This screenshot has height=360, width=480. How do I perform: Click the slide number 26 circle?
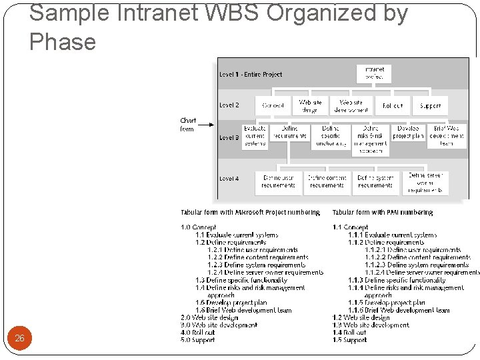(x=19, y=338)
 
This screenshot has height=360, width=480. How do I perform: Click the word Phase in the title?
(x=63, y=42)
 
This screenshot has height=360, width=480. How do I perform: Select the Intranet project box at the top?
(x=375, y=73)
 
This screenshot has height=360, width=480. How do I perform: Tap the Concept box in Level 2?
(x=273, y=105)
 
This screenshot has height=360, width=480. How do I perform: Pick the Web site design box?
(x=310, y=105)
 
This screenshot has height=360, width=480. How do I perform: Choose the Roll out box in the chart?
(x=393, y=105)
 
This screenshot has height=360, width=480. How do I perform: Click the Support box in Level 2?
(x=431, y=105)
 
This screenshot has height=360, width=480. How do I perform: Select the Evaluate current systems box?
(x=255, y=135)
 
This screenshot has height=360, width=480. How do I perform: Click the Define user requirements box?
(x=279, y=182)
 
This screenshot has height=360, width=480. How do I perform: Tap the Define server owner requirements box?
(x=425, y=183)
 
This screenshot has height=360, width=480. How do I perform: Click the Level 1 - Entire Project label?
(x=251, y=75)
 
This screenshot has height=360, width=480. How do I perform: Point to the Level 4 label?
(x=229, y=179)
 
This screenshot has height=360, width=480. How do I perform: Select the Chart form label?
(x=188, y=125)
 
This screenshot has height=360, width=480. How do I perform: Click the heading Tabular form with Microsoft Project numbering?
(x=250, y=213)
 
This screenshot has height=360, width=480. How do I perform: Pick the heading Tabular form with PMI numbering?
(x=383, y=213)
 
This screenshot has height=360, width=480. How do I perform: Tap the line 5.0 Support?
(x=198, y=340)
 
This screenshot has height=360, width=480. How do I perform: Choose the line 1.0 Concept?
(x=199, y=227)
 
